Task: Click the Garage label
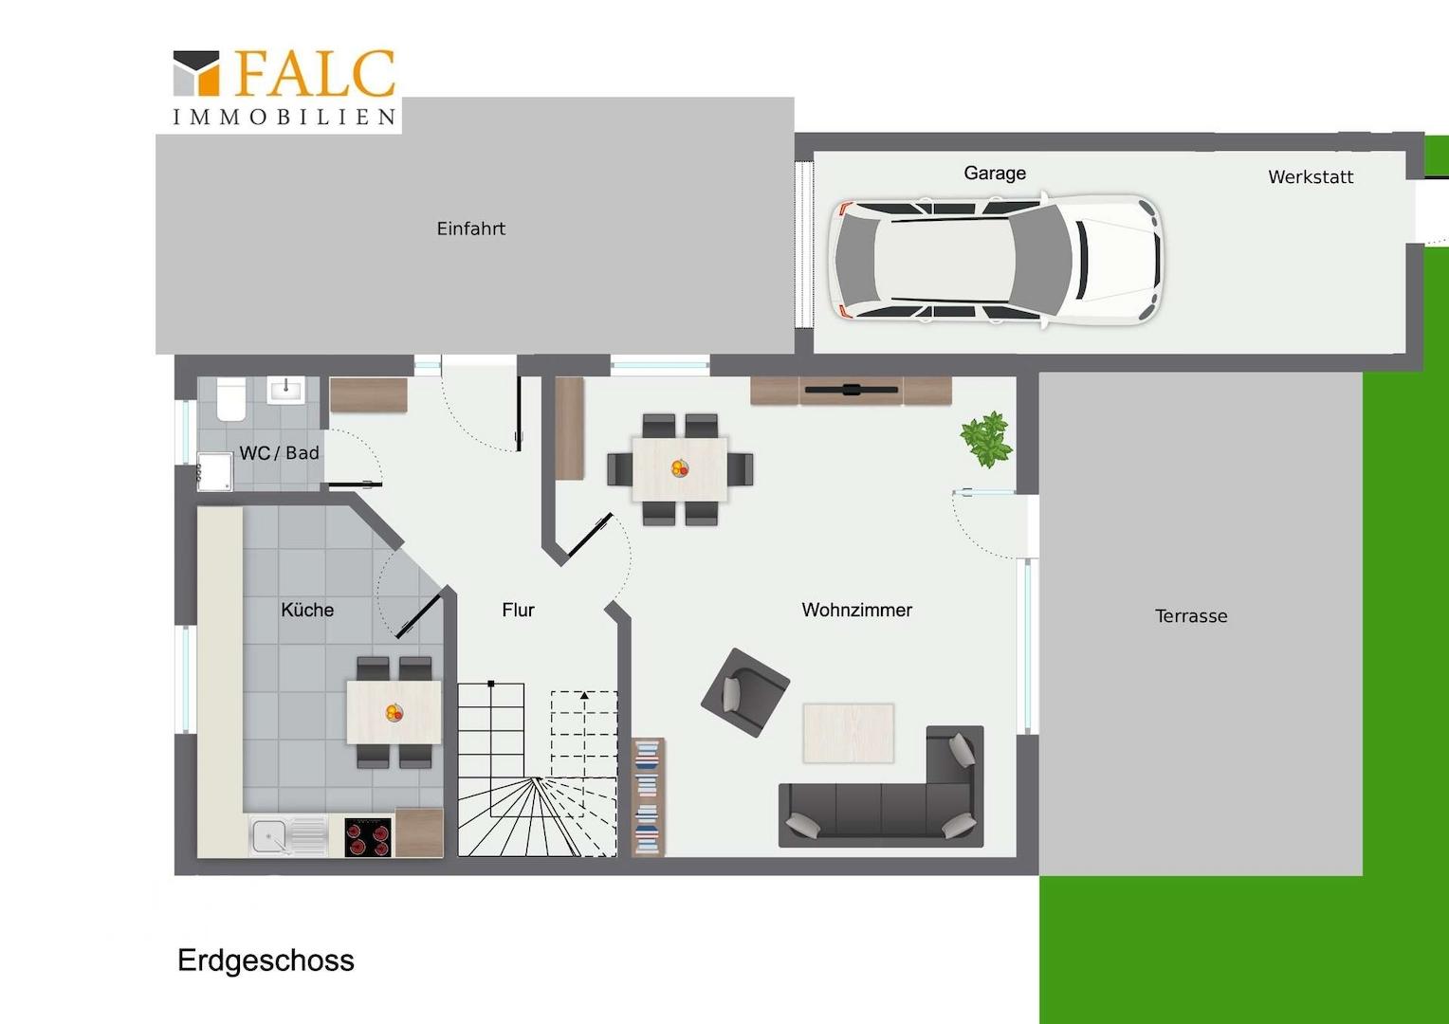click(994, 173)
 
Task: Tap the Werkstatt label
click(1311, 176)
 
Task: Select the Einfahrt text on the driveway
click(471, 229)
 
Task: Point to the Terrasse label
click(1191, 616)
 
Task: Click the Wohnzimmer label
click(856, 610)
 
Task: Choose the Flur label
click(518, 610)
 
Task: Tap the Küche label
click(307, 610)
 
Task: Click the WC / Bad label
click(279, 453)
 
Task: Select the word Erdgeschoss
click(266, 960)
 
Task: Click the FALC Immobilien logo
click(284, 86)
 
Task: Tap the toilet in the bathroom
click(231, 398)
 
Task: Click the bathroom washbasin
click(286, 390)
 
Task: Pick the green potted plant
click(986, 439)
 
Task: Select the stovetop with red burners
click(368, 838)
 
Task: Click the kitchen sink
click(288, 836)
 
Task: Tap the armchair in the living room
click(745, 692)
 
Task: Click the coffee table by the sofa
click(848, 733)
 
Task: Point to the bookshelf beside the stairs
click(648, 797)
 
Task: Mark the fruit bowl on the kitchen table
click(394, 713)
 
